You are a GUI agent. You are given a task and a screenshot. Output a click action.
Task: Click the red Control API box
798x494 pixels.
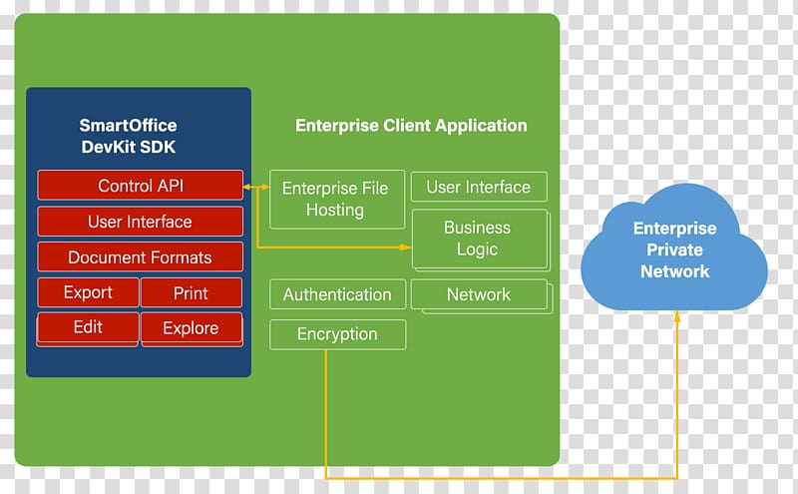pyautogui.click(x=140, y=185)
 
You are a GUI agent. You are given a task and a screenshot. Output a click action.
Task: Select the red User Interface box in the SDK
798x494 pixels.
pyautogui.click(x=140, y=222)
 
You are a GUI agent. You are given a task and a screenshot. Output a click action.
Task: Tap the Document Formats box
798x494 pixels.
pyautogui.click(x=140, y=257)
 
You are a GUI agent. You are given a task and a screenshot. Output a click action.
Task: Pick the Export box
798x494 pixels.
pyautogui.click(x=88, y=292)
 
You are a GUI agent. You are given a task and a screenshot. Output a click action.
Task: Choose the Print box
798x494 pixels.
pyautogui.click(x=192, y=292)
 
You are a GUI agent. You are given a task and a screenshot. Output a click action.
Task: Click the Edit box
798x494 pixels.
pyautogui.click(x=88, y=328)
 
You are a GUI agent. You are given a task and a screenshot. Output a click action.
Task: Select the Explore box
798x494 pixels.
pyautogui.click(x=192, y=328)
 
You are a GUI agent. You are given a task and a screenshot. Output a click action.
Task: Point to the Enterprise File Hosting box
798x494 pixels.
pyautogui.click(x=337, y=200)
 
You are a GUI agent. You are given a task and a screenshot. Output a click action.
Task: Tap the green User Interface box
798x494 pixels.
pyautogui.click(x=479, y=187)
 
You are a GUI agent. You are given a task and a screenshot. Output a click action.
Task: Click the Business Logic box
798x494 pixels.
pyautogui.click(x=480, y=239)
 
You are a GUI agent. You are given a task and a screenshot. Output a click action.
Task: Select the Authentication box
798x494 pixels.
pyautogui.click(x=337, y=294)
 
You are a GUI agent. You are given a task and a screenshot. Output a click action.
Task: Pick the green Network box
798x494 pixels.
pyautogui.click(x=480, y=295)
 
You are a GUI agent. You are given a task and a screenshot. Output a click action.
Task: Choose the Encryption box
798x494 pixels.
pyautogui.click(x=337, y=334)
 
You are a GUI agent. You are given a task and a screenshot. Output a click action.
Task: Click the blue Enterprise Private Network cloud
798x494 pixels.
pyautogui.click(x=674, y=248)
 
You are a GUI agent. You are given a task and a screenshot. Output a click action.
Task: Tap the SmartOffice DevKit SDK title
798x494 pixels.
pyautogui.click(x=129, y=136)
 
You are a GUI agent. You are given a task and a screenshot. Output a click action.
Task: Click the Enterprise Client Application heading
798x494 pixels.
pyautogui.click(x=411, y=126)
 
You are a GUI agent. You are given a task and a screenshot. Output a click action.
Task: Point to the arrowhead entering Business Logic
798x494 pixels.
pyautogui.click(x=406, y=247)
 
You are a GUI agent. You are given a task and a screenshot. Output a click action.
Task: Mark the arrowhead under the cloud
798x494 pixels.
pyautogui.click(x=677, y=315)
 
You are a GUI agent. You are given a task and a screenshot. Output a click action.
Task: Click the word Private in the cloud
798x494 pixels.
pyautogui.click(x=674, y=249)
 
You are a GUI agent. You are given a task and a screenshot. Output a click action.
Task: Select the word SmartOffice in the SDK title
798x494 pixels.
pyautogui.click(x=129, y=126)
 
